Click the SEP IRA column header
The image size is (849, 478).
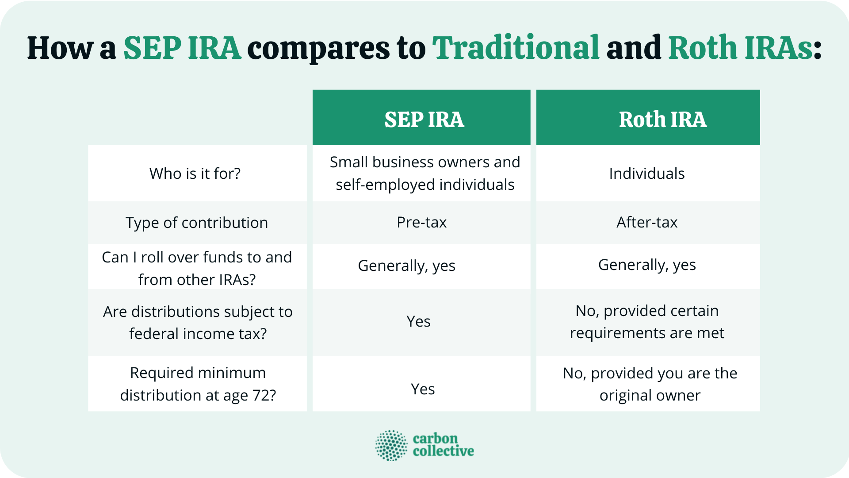tap(424, 119)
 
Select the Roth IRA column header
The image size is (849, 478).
tap(662, 119)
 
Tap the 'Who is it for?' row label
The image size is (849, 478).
tap(195, 173)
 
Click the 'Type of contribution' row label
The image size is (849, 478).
tap(197, 223)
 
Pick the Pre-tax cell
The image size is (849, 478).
tap(421, 222)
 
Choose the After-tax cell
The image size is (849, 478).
tap(647, 222)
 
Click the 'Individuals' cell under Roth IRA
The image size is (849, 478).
tap(647, 173)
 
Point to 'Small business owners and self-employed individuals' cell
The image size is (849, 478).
tap(424, 173)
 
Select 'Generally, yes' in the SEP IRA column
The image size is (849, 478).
tap(406, 266)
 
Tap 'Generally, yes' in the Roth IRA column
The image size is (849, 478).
tap(647, 265)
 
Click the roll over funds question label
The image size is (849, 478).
tap(197, 268)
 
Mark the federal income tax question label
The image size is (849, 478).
tap(198, 323)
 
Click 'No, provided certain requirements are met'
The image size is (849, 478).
tap(647, 322)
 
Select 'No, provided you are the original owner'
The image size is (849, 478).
tap(650, 384)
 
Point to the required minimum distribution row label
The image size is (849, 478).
tap(198, 384)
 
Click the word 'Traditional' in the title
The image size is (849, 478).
tap(516, 48)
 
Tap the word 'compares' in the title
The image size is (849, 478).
tap(318, 49)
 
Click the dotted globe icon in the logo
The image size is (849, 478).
tap(391, 445)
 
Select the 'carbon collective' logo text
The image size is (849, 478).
tap(443, 445)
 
